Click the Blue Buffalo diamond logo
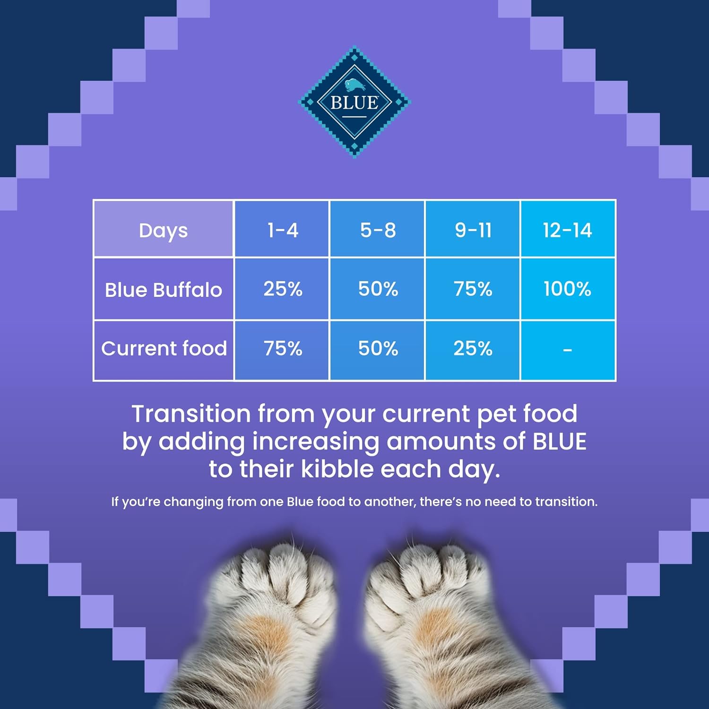pyautogui.click(x=354, y=102)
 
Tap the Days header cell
pyautogui.click(x=164, y=229)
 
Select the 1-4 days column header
pyautogui.click(x=282, y=229)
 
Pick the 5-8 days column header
pyautogui.click(x=378, y=229)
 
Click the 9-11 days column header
pyautogui.click(x=473, y=229)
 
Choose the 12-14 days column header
pyautogui.click(x=568, y=229)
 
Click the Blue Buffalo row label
pyautogui.click(x=164, y=289)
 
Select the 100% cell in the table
pyautogui.click(x=568, y=289)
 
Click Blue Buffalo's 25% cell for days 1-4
pyautogui.click(x=282, y=289)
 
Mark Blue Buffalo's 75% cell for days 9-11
pyautogui.click(x=473, y=289)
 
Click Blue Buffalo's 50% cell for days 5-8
pyautogui.click(x=378, y=289)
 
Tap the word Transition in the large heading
pyautogui.click(x=191, y=414)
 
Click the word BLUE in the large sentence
pyautogui.click(x=560, y=441)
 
